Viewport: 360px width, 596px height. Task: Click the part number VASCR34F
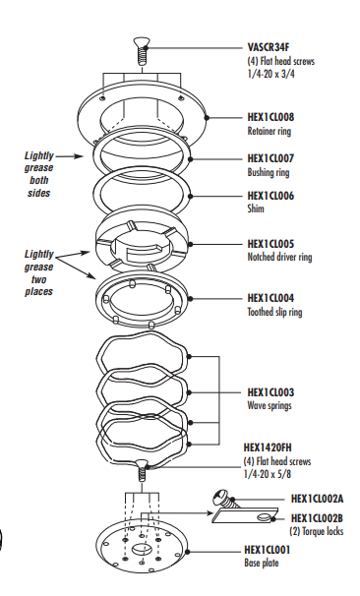point(269,47)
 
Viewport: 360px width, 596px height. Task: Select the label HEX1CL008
point(270,117)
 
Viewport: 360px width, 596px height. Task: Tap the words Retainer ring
point(270,131)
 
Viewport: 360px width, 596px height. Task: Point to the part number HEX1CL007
point(270,158)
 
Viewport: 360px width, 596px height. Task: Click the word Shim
point(256,209)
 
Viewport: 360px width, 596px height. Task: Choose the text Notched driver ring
point(279,257)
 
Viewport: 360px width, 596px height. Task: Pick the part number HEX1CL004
point(270,298)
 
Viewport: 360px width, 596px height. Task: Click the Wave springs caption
point(270,405)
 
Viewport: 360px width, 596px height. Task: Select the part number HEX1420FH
point(268,447)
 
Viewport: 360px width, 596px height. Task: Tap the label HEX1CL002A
point(317,499)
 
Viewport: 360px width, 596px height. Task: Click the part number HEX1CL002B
point(317,518)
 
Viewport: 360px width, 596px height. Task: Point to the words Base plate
point(262,563)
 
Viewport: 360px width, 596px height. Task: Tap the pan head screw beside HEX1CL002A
point(226,499)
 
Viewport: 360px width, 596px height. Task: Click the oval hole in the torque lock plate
point(265,516)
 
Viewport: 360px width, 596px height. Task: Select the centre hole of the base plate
point(142,549)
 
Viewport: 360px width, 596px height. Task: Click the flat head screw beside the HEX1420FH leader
point(142,470)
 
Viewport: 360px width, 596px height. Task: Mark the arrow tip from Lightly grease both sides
point(83,155)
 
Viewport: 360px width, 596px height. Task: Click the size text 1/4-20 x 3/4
point(270,74)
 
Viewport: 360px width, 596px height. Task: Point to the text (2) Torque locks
point(317,531)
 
